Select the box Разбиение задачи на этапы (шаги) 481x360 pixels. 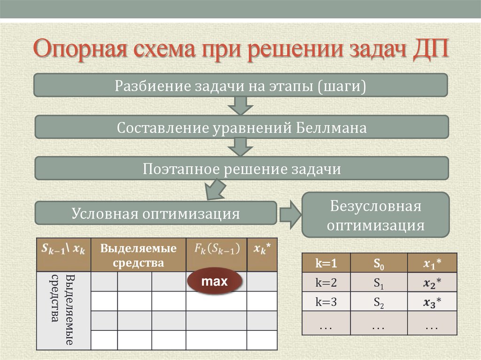coord(240,86)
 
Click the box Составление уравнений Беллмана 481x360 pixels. coord(241,127)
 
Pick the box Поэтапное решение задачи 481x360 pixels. coord(241,169)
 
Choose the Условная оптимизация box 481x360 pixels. coord(156,214)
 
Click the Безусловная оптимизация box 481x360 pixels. coord(375,214)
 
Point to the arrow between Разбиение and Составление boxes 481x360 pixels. coord(240,106)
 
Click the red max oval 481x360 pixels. coord(214,282)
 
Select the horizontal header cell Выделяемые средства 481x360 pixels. coord(138,255)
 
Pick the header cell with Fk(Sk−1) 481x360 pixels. coord(216,249)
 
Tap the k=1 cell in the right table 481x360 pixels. coord(326,264)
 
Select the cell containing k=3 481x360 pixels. coord(326,302)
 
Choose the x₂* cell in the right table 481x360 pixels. coord(432,283)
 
